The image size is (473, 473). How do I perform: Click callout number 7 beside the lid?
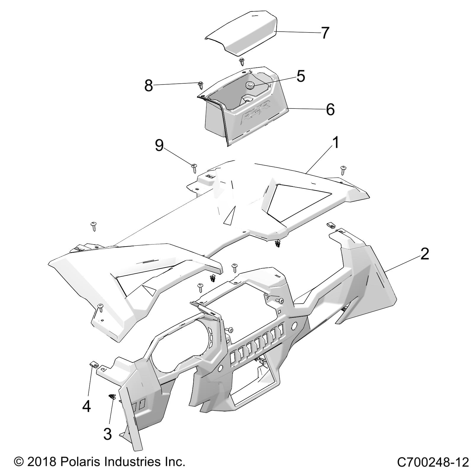coord(325,33)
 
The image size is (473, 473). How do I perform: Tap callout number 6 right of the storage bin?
coord(330,110)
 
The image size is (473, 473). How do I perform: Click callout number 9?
coord(159,146)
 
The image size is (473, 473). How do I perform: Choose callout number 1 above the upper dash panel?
coord(335,143)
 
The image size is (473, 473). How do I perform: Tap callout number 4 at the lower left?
coord(86,407)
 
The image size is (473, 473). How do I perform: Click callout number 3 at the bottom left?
coord(108,434)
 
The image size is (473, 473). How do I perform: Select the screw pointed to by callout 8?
coord(201,85)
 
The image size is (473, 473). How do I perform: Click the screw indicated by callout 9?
coord(195,168)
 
